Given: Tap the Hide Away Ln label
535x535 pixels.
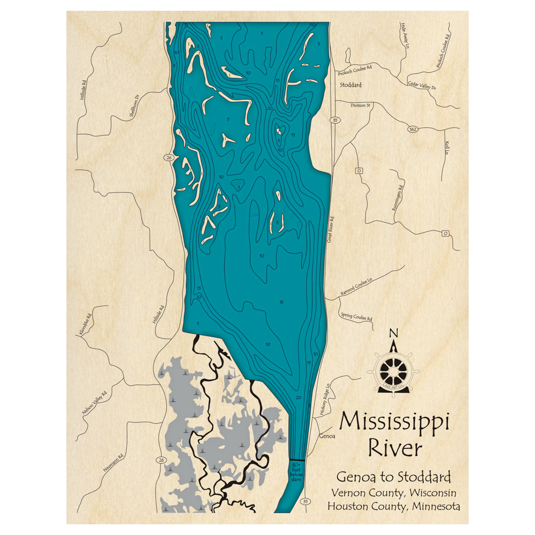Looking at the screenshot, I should (404, 37).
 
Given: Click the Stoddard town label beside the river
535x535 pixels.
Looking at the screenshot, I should (350, 85).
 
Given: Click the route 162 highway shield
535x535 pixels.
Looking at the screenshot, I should (412, 129).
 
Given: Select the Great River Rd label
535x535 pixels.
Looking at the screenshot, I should (332, 230).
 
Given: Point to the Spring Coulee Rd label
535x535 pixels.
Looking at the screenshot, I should (357, 317).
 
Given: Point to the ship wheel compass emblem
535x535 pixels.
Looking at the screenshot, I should (394, 370).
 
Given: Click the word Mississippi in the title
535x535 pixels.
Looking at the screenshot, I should (394, 421).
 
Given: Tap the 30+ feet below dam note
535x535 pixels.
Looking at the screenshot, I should (296, 471).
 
